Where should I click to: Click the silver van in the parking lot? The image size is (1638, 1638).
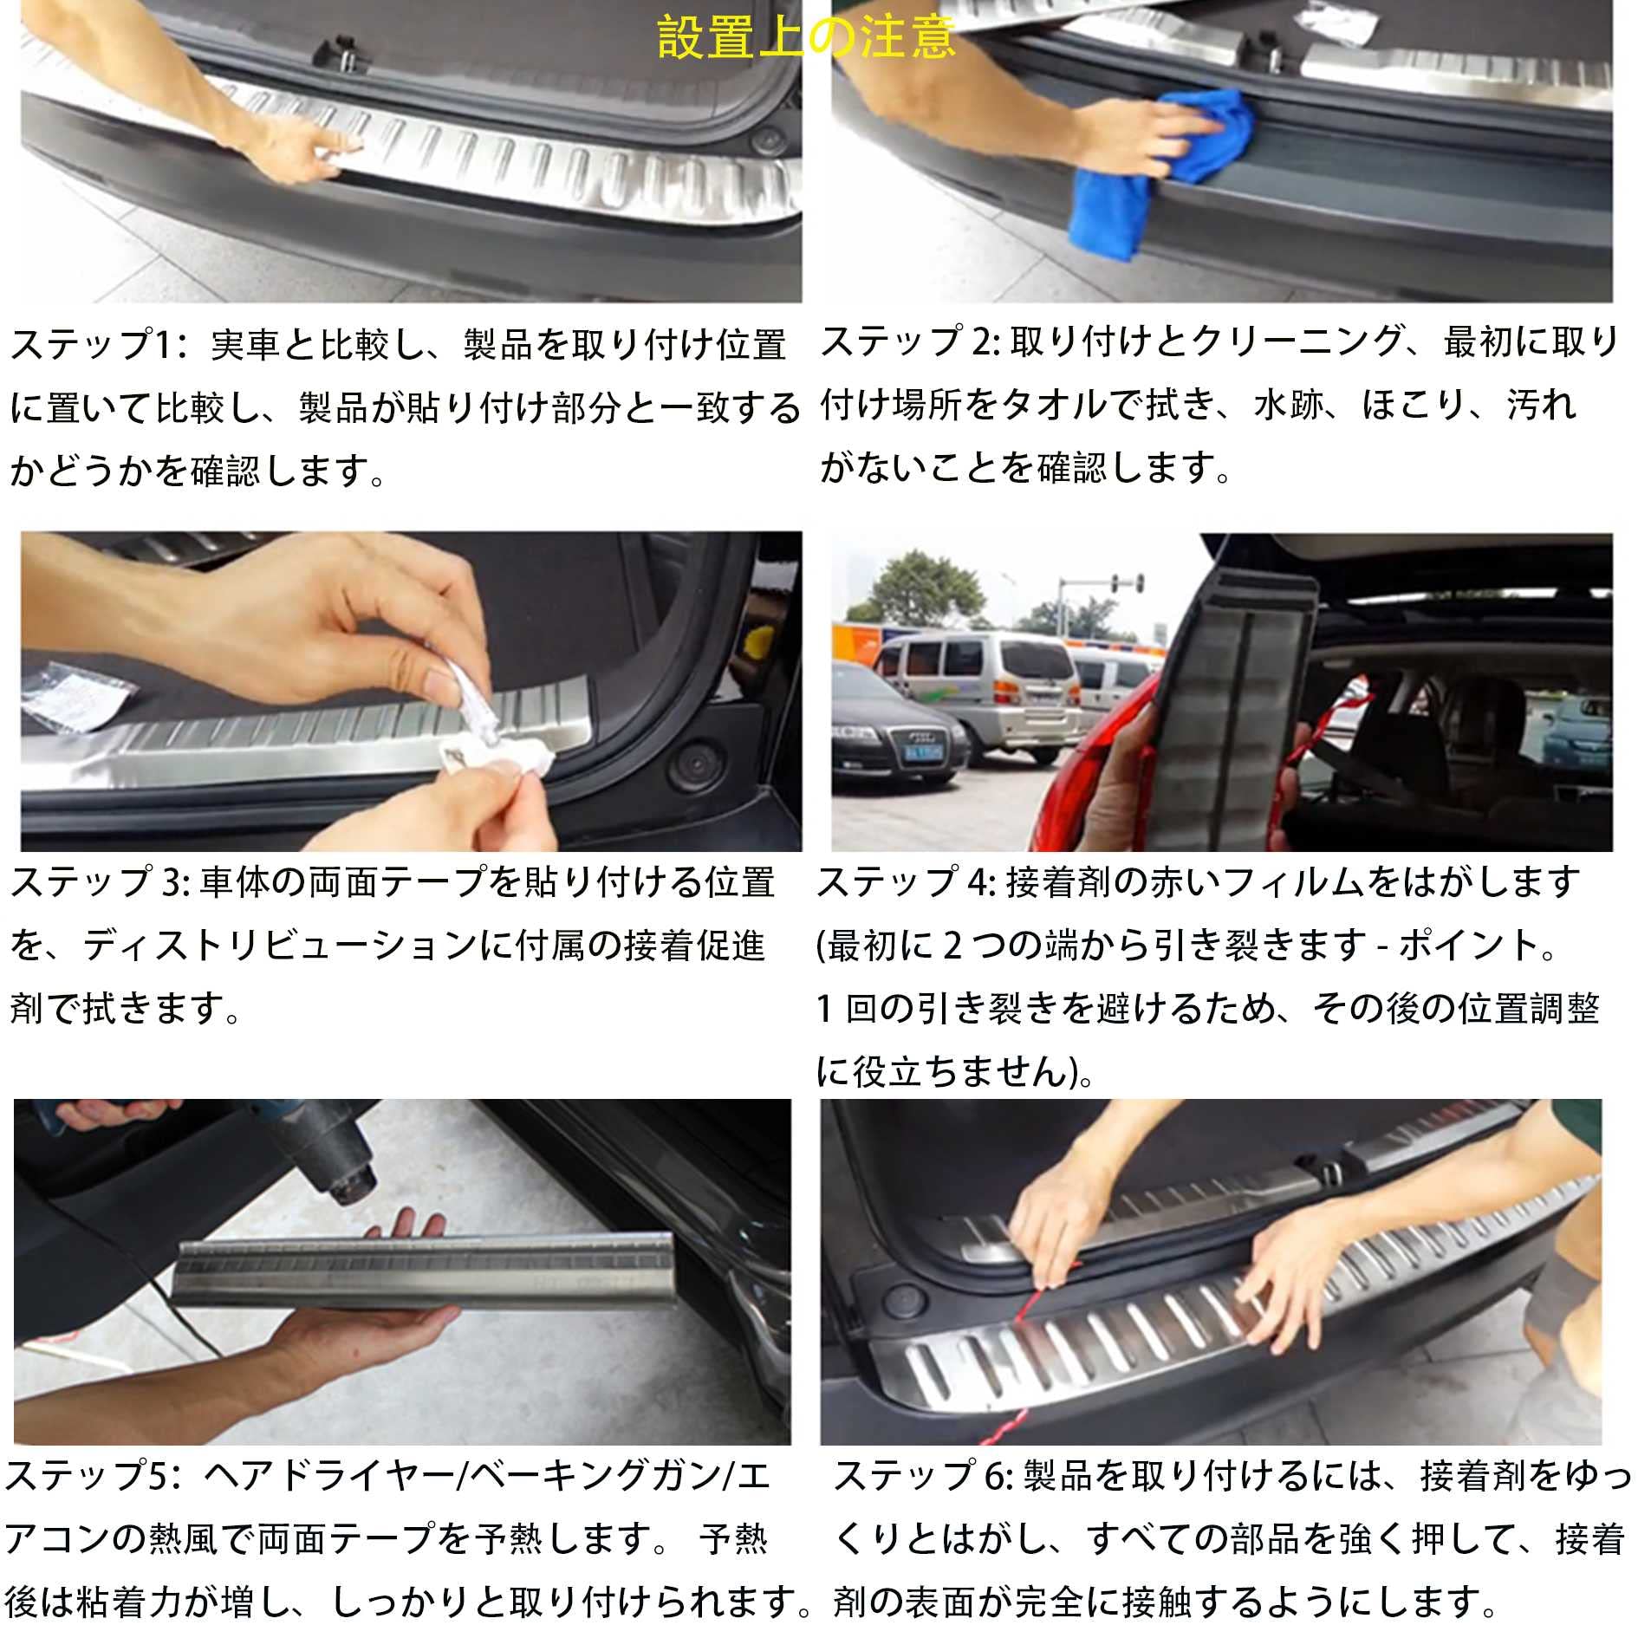tap(979, 685)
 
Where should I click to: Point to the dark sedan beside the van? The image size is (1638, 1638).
tap(893, 737)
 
